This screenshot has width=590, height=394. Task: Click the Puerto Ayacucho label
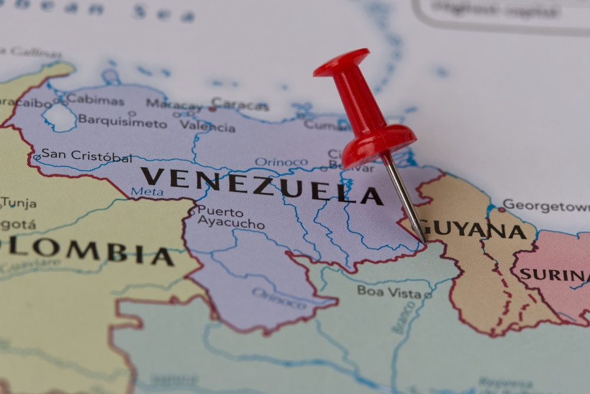pos(231,217)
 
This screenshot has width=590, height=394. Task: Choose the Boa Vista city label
pos(389,291)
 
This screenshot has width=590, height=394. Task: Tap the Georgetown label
pos(546,206)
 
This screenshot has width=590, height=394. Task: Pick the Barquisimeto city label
pos(123,122)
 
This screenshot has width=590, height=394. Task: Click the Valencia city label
pos(208,126)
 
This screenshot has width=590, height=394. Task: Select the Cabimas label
pos(95,100)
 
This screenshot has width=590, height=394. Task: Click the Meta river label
pos(147,191)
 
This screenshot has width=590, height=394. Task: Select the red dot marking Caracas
pos(212,109)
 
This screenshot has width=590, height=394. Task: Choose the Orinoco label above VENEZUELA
pos(281,162)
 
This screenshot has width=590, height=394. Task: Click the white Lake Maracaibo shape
pos(60,117)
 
